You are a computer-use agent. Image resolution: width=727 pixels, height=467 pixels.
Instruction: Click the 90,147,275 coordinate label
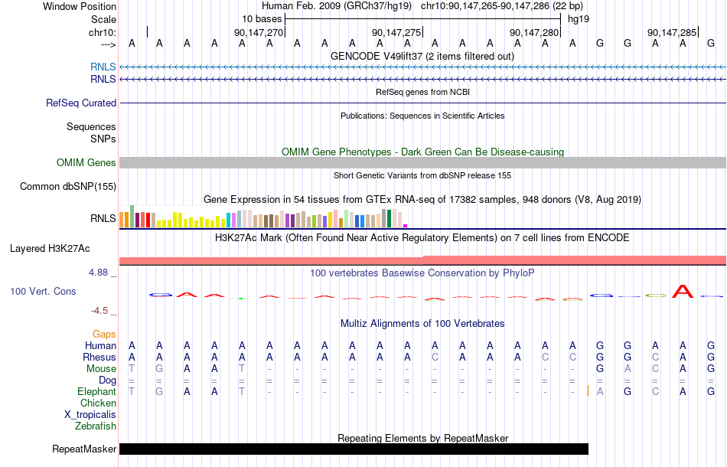[x=396, y=32]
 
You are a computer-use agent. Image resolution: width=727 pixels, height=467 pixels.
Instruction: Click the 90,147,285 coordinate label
[x=672, y=32]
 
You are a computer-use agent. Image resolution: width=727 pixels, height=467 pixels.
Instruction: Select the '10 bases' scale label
[x=262, y=19]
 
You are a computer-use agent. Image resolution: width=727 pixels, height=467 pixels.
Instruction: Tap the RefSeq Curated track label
[x=81, y=103]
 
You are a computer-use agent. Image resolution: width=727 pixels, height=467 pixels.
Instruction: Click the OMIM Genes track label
[x=86, y=163]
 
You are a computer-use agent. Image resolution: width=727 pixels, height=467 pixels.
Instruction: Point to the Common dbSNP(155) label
[x=68, y=187]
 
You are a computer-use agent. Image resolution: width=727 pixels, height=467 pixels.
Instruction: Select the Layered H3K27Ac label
[x=50, y=249]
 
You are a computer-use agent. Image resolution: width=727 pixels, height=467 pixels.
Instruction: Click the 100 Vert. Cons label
[x=43, y=291]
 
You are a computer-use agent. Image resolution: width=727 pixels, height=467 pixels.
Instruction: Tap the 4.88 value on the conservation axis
[x=98, y=273]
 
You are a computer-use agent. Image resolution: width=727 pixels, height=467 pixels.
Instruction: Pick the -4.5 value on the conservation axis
[x=99, y=311]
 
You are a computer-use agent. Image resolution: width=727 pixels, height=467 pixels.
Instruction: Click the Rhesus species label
[x=99, y=357]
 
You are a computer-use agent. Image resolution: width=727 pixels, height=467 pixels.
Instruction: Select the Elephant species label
[x=96, y=392]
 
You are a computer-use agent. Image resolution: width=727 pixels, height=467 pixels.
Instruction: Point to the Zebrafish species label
[x=96, y=426]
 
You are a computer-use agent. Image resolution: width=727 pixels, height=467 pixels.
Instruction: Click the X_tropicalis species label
[x=90, y=415]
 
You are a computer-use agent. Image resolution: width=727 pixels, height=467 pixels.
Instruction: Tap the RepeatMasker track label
[x=84, y=449]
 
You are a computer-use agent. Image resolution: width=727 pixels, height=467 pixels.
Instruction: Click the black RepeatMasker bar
[x=354, y=449]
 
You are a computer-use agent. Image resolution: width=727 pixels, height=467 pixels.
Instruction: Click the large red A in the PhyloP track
[x=683, y=291]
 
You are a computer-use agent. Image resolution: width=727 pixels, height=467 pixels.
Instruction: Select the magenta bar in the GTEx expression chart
[x=406, y=226]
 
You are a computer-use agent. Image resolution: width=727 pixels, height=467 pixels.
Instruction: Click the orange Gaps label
[x=104, y=335]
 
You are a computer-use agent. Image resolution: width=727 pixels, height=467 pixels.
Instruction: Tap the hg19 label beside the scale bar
[x=579, y=19]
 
